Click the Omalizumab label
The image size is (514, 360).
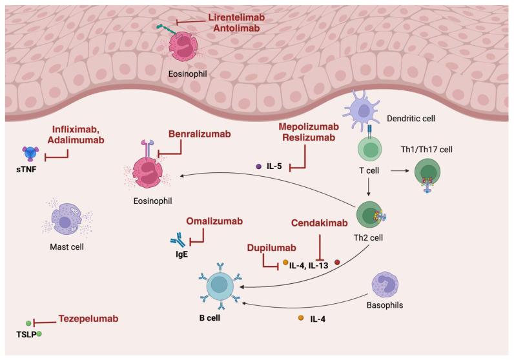pyautogui.click(x=214, y=221)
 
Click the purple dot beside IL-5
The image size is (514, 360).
pyautogui.click(x=260, y=166)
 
